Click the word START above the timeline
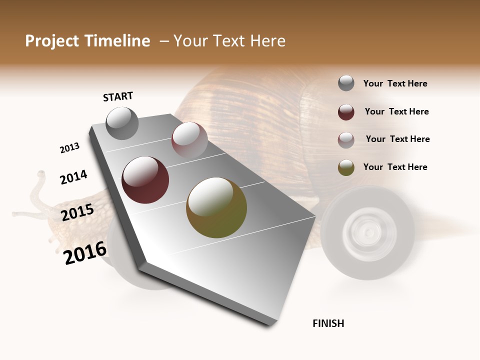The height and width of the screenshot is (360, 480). point(118,96)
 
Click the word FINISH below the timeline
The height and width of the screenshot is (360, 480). point(328,323)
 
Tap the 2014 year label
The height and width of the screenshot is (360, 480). point(73,177)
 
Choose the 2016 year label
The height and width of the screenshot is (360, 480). point(85,252)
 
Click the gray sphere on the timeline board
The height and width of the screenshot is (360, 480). point(122,123)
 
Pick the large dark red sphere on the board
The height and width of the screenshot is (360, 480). point(145,180)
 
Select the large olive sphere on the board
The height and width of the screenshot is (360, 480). point(216,207)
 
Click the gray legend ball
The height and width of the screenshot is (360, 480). point(346,83)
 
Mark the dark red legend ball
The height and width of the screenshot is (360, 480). point(346,112)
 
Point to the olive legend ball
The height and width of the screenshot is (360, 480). point(346,167)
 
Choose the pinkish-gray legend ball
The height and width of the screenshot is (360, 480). point(346,139)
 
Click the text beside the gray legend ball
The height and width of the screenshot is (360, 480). point(395,84)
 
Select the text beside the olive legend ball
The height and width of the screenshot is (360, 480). point(395,167)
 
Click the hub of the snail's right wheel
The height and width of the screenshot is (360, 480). point(367,232)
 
